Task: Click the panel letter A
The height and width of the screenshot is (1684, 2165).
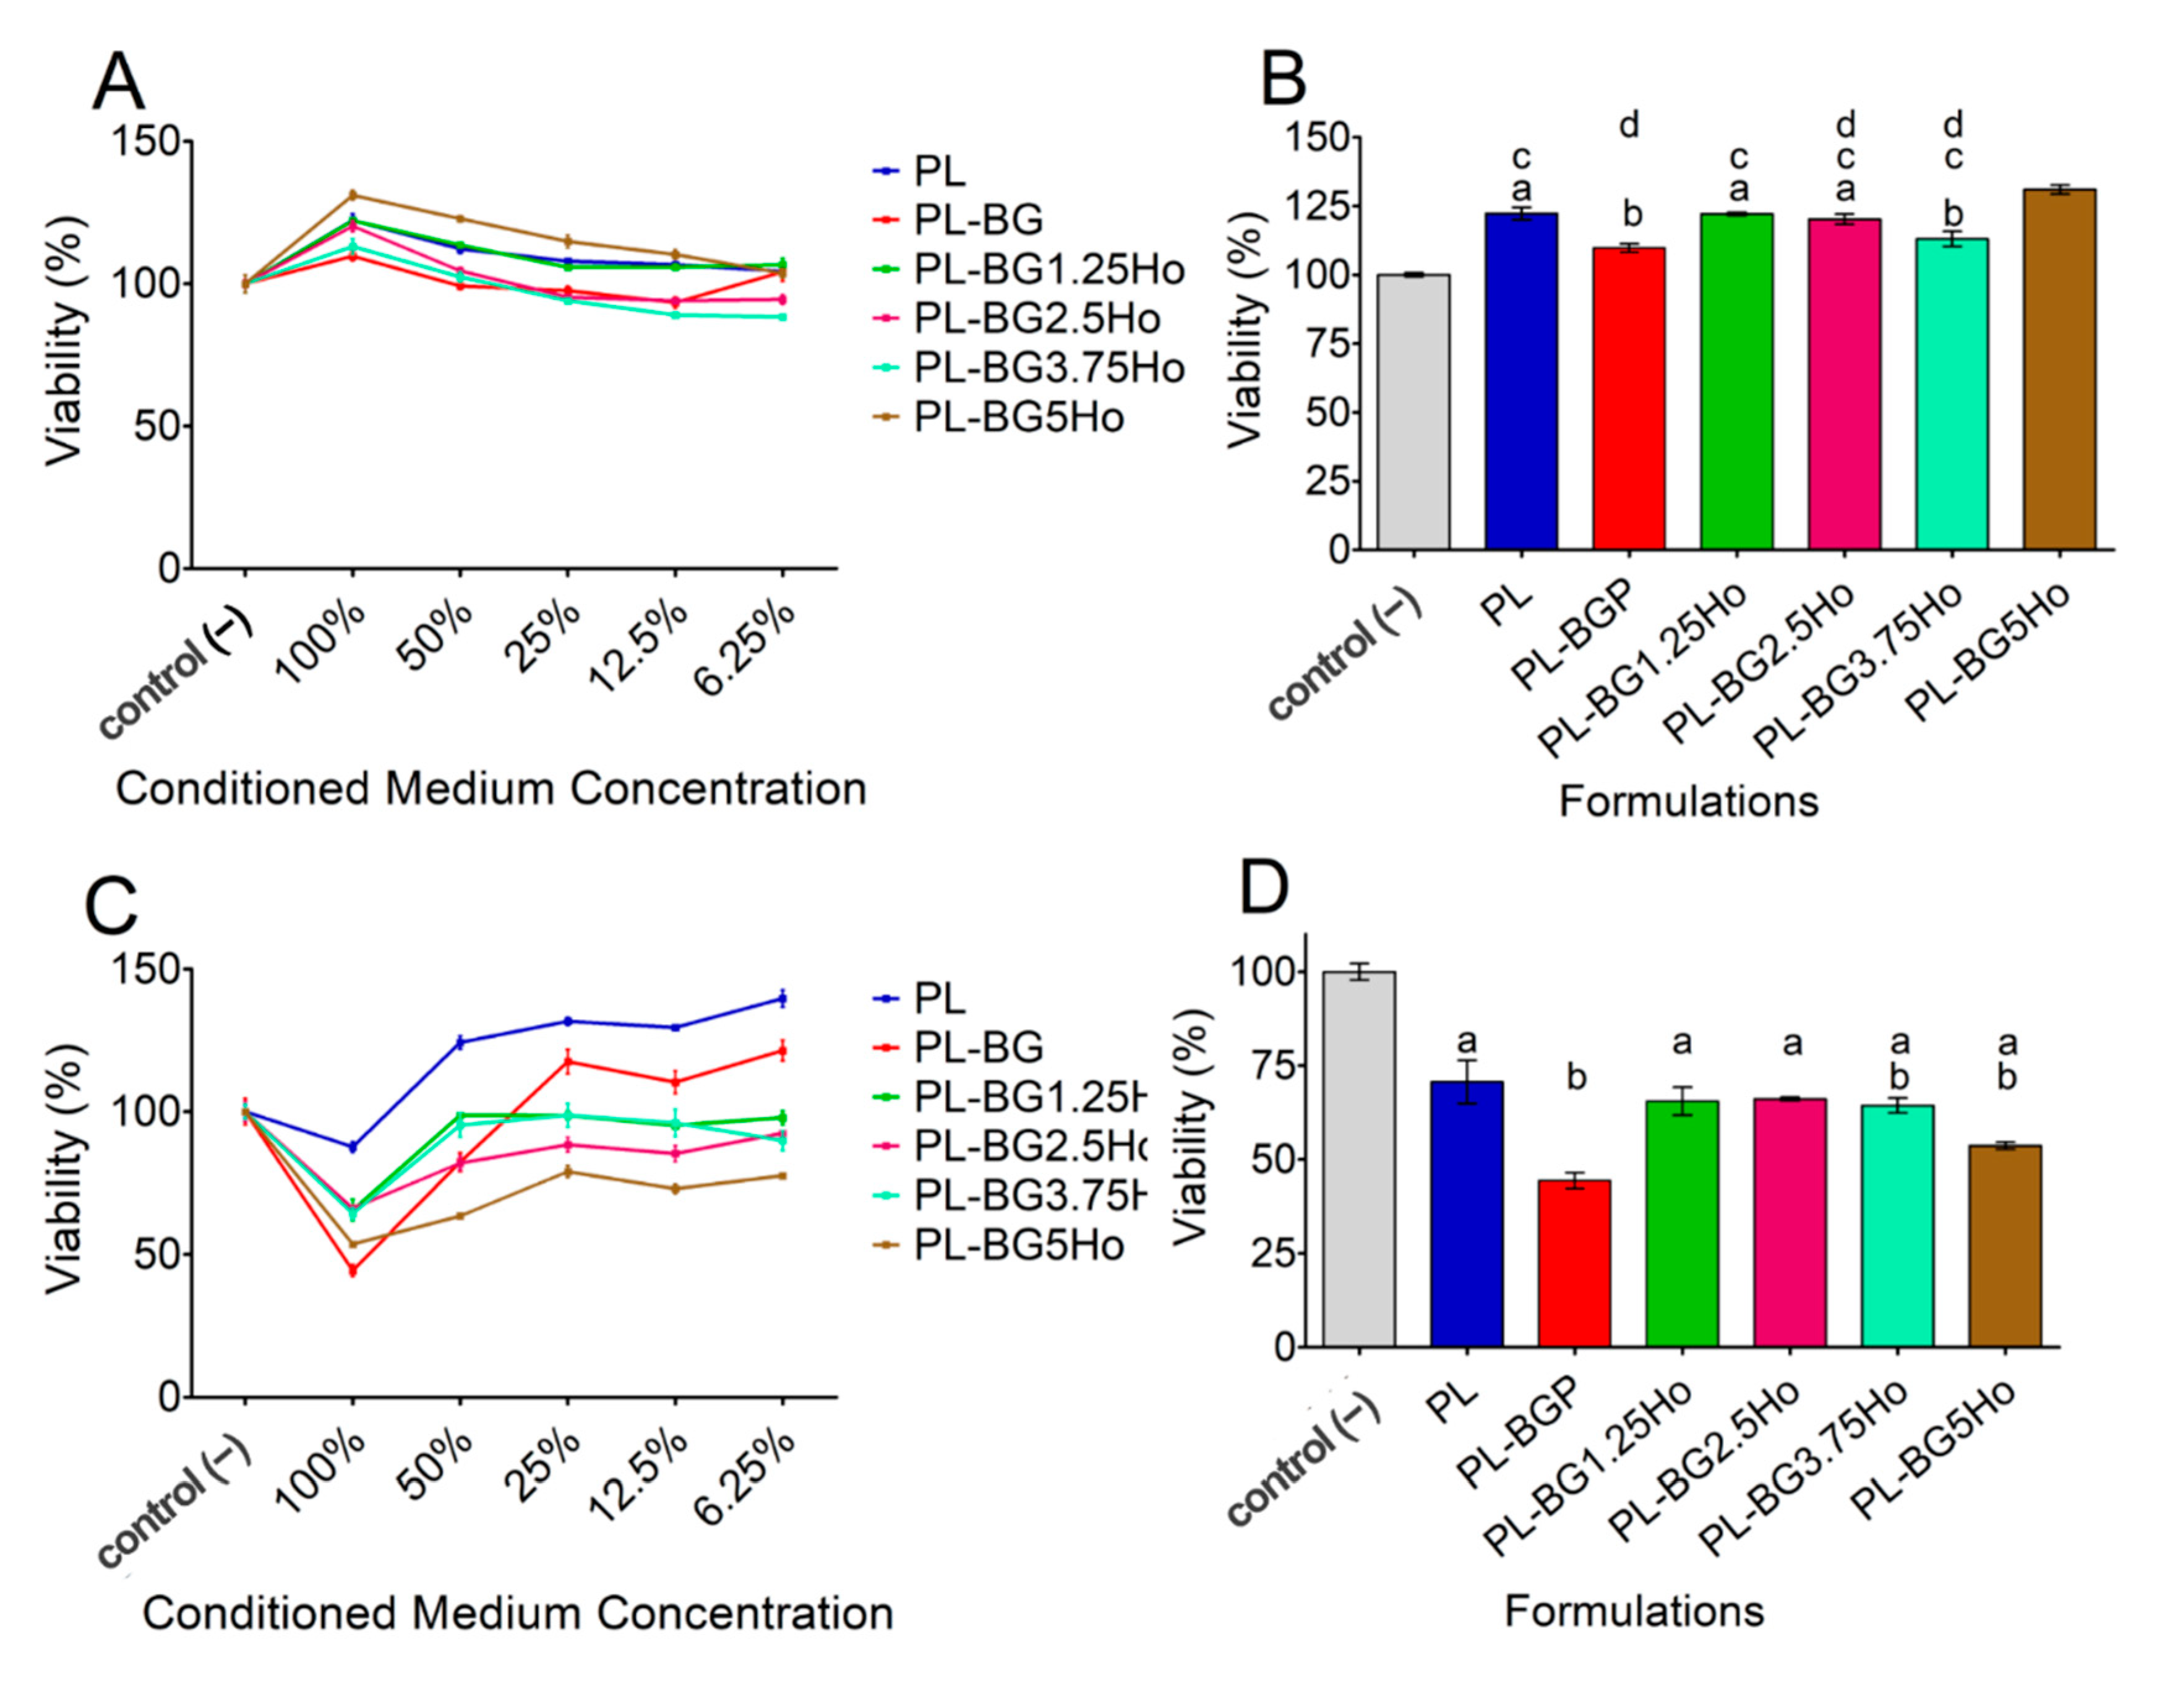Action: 118,83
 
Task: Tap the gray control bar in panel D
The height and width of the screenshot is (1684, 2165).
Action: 1359,1159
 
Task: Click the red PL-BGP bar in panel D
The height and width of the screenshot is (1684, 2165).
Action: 1574,1263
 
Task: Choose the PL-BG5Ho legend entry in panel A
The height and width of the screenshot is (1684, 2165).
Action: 1018,417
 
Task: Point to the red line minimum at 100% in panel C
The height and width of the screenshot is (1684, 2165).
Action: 352,1270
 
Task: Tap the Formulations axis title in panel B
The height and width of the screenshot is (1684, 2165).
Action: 1688,801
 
